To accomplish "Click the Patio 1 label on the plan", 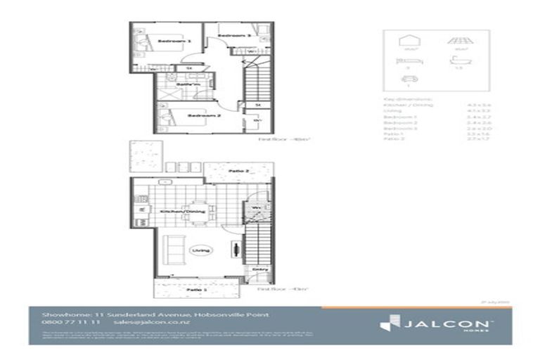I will (195, 290).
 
